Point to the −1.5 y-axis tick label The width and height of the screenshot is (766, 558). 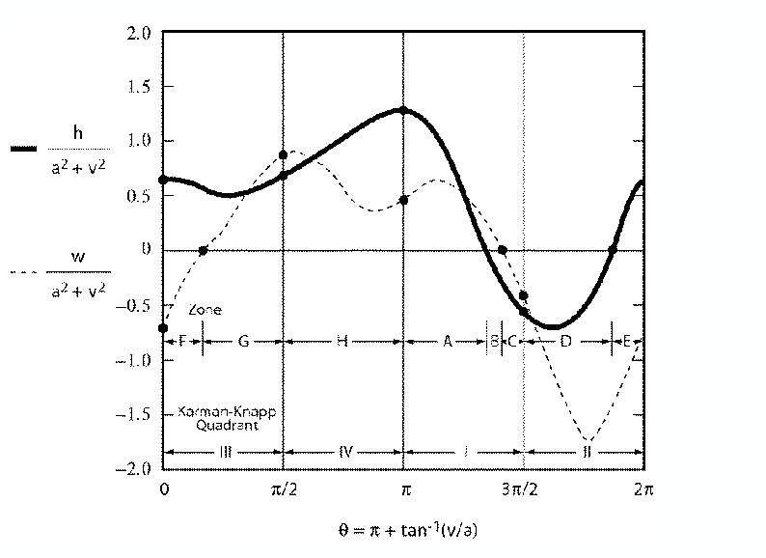click(136, 414)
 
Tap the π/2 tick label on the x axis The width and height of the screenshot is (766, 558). click(283, 490)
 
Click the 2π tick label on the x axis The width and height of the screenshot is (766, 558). click(643, 490)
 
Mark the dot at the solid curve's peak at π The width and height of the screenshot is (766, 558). click(403, 110)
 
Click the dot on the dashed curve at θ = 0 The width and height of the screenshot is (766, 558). click(163, 328)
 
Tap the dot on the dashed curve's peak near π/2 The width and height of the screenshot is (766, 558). click(283, 154)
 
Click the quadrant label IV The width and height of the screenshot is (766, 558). click(342, 451)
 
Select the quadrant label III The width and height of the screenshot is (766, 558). click(224, 451)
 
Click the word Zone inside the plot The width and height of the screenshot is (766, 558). click(204, 310)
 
